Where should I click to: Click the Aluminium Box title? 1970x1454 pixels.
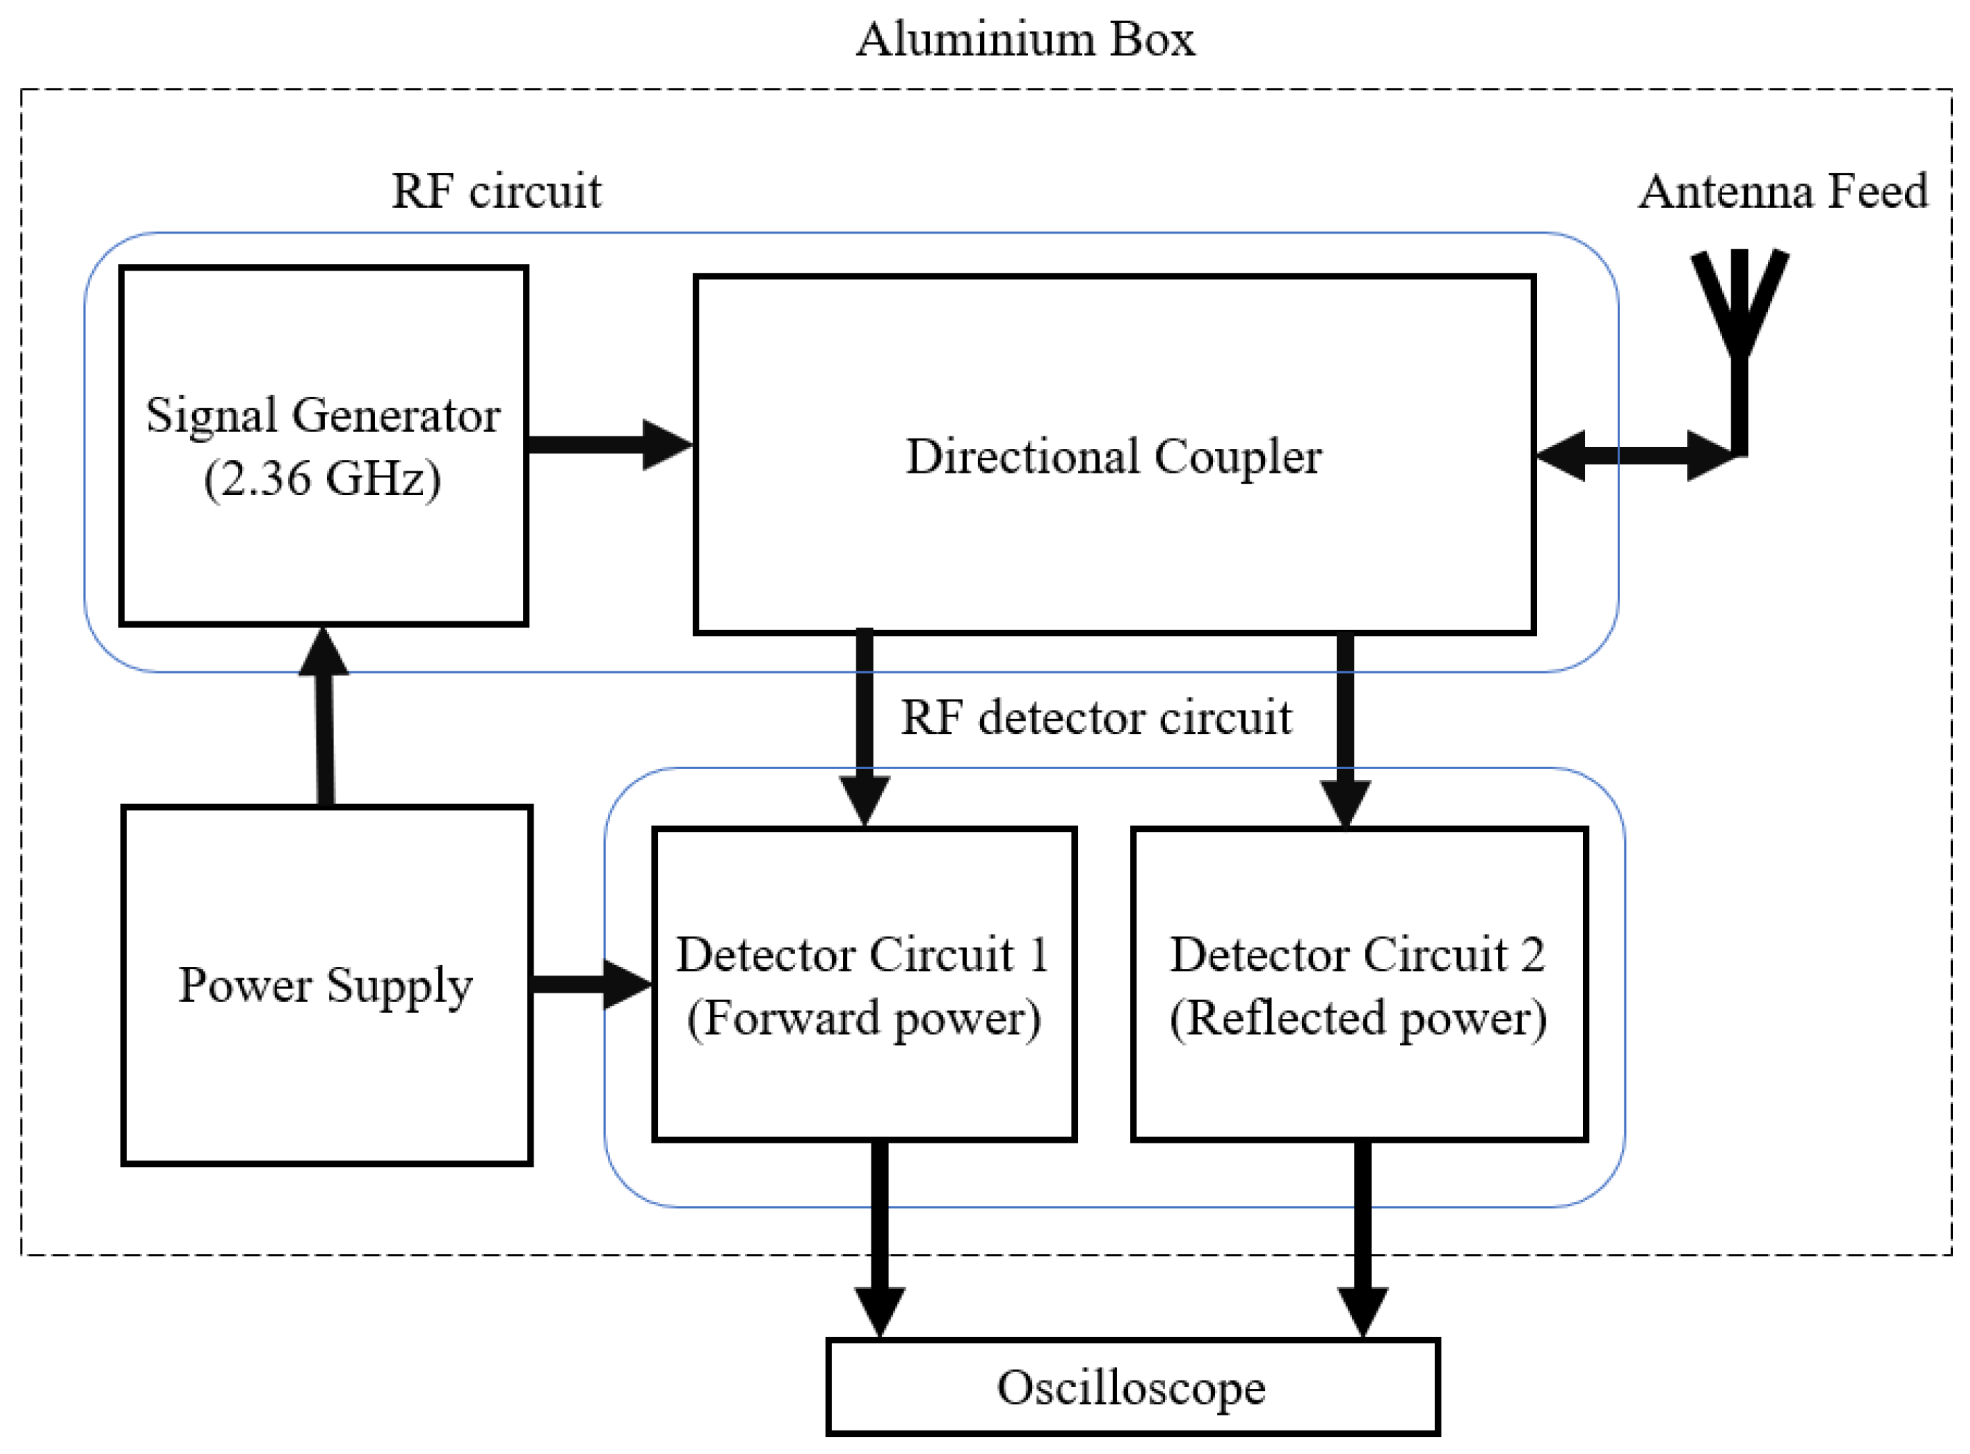click(x=1026, y=39)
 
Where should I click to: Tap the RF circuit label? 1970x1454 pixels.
click(x=496, y=191)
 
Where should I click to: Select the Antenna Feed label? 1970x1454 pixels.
click(x=1783, y=191)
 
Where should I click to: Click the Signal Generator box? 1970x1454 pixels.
click(x=323, y=546)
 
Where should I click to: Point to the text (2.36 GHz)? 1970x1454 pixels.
click(x=322, y=480)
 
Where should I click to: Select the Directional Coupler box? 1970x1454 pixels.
click(x=1114, y=528)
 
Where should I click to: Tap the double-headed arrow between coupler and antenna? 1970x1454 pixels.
click(x=1636, y=455)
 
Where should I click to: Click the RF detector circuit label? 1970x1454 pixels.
click(x=1096, y=717)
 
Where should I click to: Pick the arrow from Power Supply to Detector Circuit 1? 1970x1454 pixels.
click(x=590, y=984)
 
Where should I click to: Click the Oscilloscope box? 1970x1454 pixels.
click(x=1132, y=1388)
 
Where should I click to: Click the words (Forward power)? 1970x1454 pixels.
click(x=864, y=1019)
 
